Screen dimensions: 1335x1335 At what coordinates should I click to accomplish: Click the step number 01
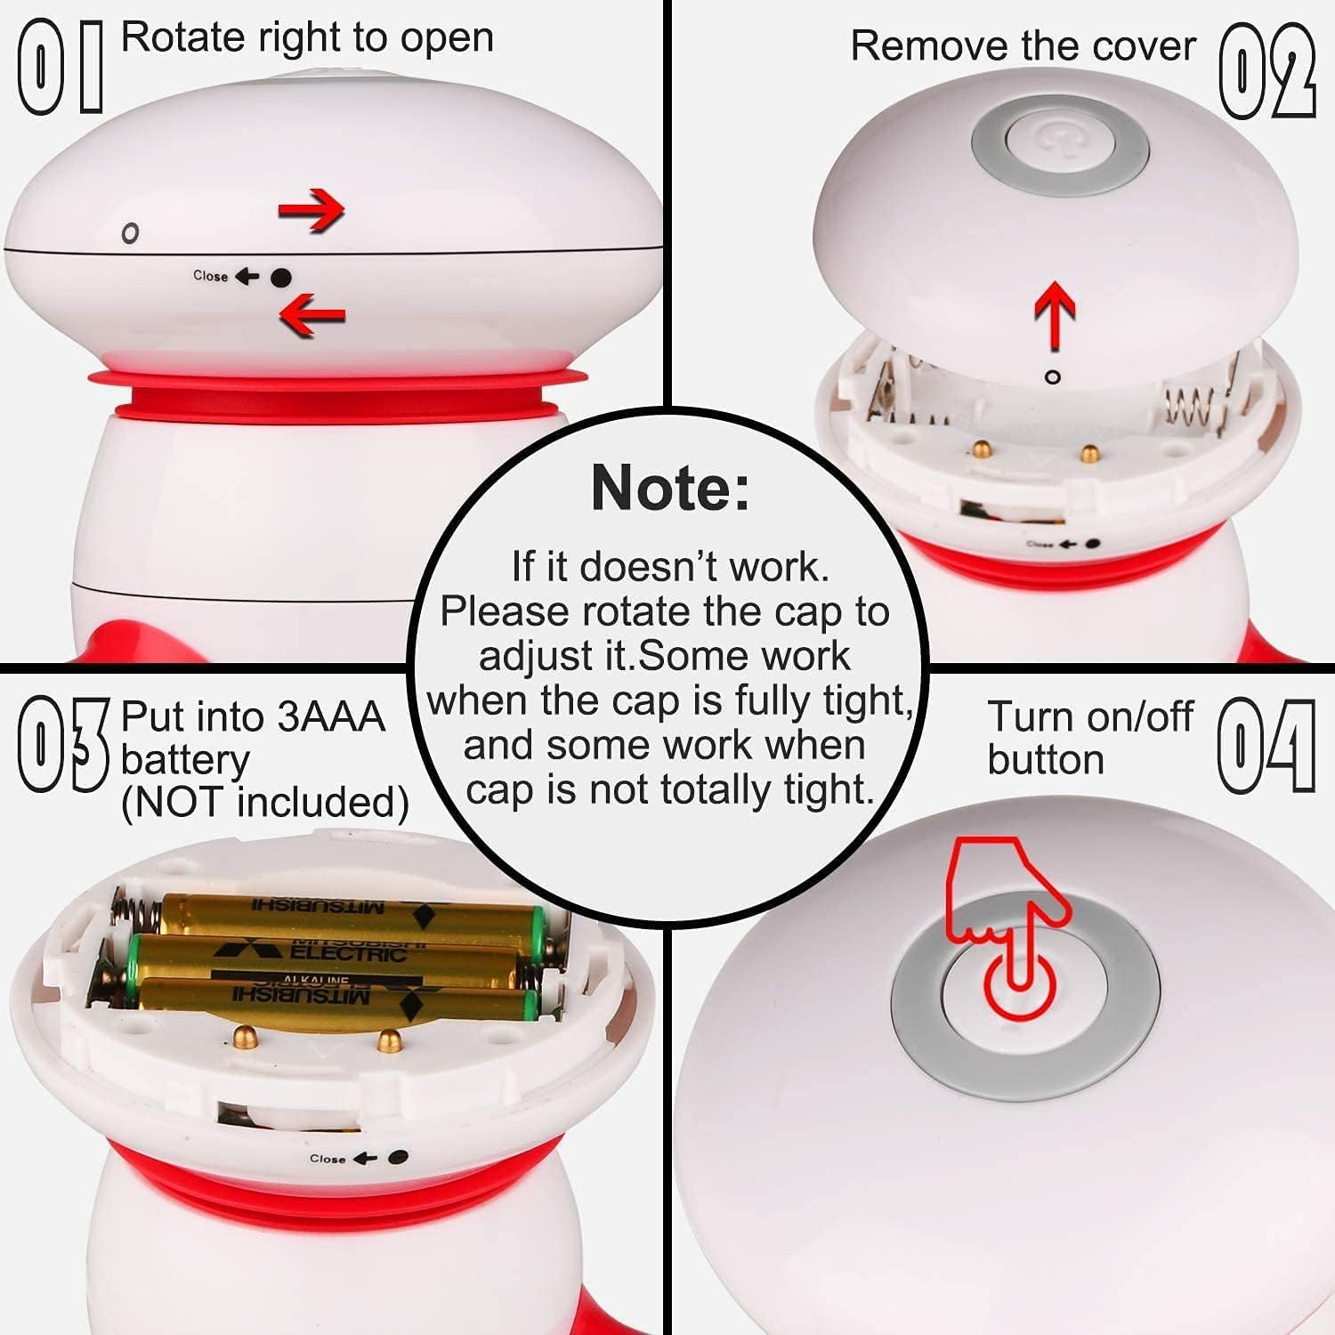click(61, 69)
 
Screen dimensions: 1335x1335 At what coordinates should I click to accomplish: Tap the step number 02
click(1266, 72)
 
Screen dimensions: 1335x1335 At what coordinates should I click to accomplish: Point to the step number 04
click(1265, 746)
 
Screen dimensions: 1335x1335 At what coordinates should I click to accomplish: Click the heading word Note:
click(670, 488)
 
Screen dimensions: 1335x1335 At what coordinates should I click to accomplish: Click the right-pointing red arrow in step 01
click(311, 211)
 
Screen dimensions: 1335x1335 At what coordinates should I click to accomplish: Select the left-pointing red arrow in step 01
click(311, 314)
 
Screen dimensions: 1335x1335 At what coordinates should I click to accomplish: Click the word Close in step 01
click(211, 276)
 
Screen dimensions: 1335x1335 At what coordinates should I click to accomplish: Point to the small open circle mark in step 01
click(131, 234)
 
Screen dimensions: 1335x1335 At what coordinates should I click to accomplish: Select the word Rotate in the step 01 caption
click(182, 38)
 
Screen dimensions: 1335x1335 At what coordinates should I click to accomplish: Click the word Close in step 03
click(327, 1158)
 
